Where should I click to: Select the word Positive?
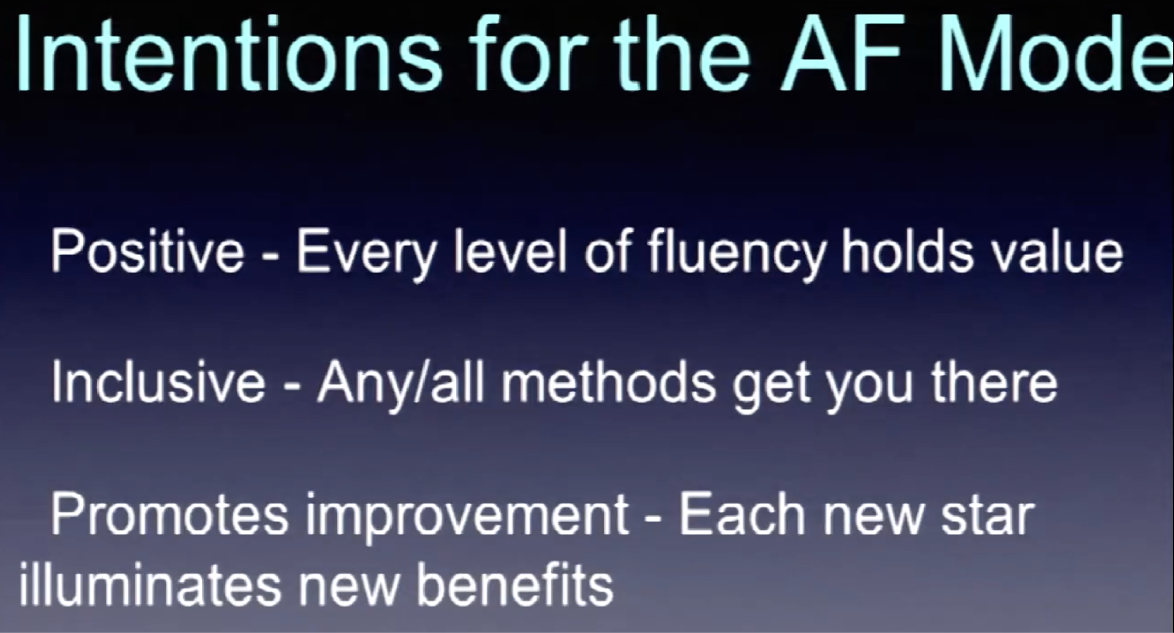tap(148, 251)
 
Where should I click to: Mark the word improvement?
tap(467, 519)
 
